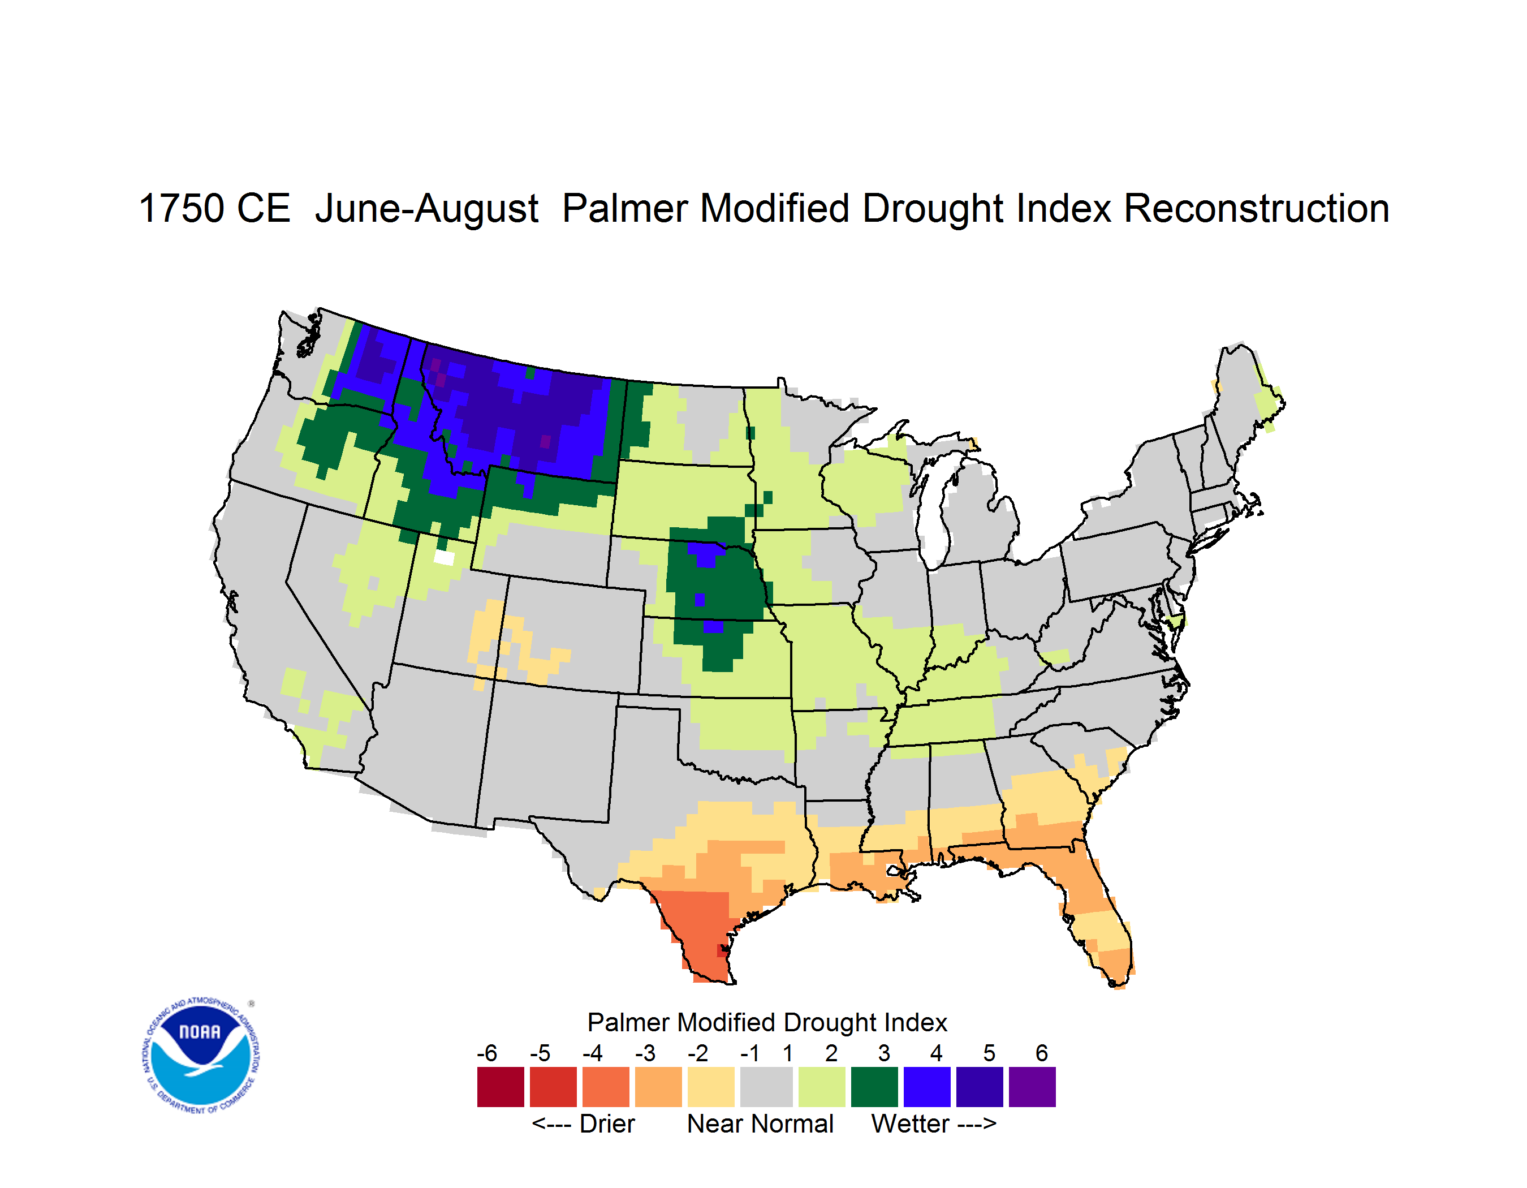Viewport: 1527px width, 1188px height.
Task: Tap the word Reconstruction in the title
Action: click(1257, 208)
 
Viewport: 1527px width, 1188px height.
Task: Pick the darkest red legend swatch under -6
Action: click(501, 1087)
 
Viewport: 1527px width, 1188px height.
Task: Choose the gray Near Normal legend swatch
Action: click(766, 1087)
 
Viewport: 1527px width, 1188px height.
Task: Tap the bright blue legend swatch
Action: click(927, 1087)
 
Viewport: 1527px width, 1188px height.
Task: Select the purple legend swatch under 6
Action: click(1032, 1087)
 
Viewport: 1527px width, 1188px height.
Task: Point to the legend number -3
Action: click(645, 1053)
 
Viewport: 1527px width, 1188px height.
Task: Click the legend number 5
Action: click(989, 1053)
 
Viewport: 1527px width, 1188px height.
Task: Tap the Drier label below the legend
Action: click(607, 1124)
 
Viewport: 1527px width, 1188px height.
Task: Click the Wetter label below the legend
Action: click(911, 1124)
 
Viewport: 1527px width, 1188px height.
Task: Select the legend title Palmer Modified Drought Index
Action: click(767, 1022)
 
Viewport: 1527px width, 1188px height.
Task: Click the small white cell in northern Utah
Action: click(444, 557)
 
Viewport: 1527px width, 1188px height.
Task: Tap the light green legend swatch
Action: click(822, 1087)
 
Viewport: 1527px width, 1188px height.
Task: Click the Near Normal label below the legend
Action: click(760, 1124)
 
